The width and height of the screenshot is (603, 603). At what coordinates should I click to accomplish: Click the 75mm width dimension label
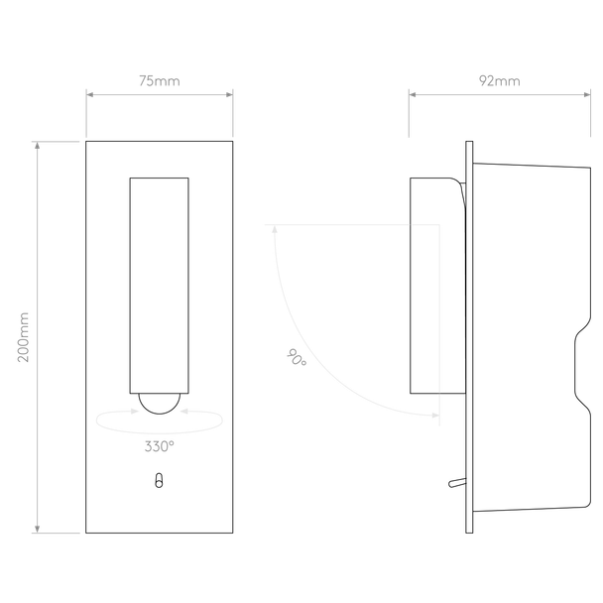coord(160,81)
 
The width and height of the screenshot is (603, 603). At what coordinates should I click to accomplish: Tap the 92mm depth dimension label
coord(499,81)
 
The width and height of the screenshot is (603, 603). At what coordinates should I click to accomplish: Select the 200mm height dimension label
coord(24,337)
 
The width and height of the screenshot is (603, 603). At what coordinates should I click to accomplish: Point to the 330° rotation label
coord(160,446)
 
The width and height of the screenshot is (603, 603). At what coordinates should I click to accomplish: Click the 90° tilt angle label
coord(297,357)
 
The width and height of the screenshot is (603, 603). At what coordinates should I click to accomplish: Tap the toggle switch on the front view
coord(159,481)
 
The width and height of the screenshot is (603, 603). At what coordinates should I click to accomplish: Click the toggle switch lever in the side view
coord(457,483)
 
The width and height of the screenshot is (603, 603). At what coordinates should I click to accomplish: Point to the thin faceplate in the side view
coord(469,337)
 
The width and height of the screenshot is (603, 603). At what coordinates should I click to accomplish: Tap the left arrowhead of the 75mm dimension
coord(89,94)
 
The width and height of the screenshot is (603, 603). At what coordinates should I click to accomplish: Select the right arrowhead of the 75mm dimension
coord(229,94)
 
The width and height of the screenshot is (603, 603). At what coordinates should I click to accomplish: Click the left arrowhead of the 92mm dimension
coord(413,94)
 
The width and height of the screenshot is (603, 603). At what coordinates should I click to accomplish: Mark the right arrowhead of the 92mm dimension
coord(587,94)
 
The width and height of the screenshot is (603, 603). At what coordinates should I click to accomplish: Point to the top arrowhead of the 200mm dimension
coord(37,145)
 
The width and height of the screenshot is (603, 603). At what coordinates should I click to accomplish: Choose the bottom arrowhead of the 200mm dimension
coord(37,530)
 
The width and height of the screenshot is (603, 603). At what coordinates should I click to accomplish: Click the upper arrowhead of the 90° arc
coord(275,229)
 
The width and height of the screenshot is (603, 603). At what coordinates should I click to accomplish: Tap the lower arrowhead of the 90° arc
coord(435,416)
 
